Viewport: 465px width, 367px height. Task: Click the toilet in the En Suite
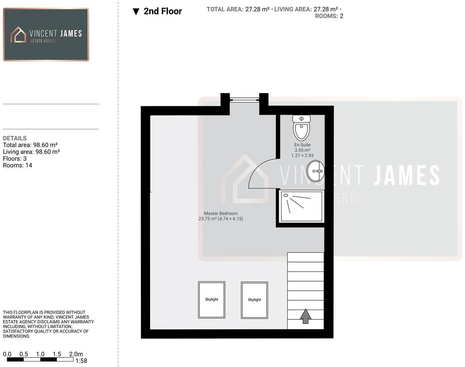click(x=301, y=128)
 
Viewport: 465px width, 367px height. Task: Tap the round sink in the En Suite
click(x=315, y=171)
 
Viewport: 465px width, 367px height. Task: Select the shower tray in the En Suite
click(x=301, y=206)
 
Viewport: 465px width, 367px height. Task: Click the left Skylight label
click(x=211, y=299)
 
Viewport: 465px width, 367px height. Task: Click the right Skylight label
click(x=254, y=300)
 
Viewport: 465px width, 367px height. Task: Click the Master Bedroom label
click(x=221, y=213)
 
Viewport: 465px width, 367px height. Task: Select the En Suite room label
click(x=302, y=145)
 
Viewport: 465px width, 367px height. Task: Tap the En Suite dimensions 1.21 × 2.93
click(x=302, y=155)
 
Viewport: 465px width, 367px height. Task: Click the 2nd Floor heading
click(x=163, y=11)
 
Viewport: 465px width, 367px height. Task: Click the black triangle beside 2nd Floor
click(x=136, y=12)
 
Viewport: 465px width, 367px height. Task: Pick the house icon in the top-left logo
click(x=18, y=35)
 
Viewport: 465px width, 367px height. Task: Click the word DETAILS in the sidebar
click(x=15, y=138)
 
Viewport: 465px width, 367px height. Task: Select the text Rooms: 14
click(x=17, y=165)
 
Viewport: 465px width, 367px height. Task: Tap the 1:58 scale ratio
click(x=81, y=361)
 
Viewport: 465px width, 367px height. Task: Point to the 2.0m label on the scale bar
click(x=76, y=354)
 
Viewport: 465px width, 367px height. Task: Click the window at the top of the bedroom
click(x=244, y=100)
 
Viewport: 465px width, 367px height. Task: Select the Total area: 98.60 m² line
click(x=30, y=145)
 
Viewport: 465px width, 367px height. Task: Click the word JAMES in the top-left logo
click(x=71, y=34)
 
